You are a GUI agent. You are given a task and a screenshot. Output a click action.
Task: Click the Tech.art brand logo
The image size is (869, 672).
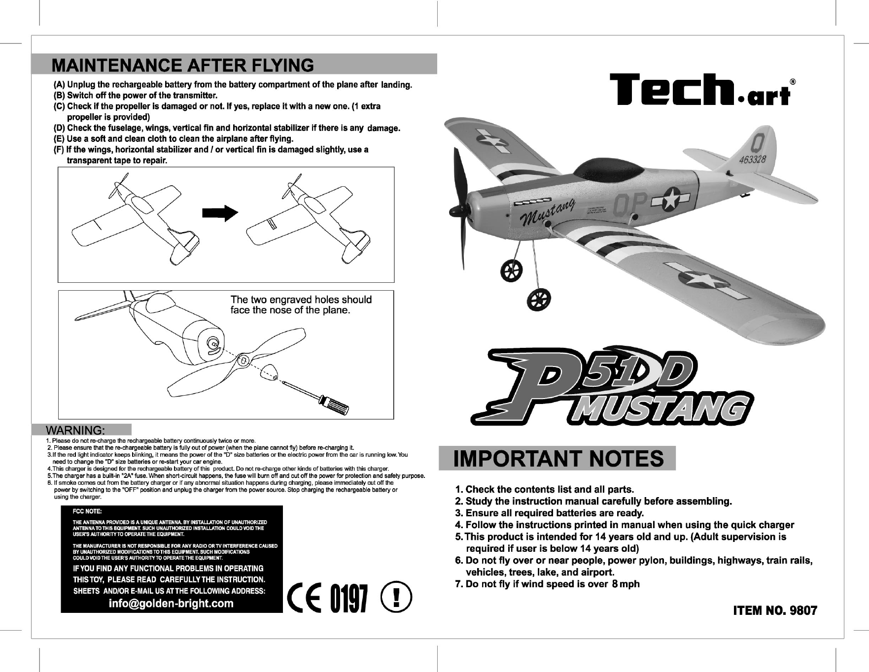700,90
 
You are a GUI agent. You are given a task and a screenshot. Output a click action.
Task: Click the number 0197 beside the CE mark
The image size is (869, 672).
349,598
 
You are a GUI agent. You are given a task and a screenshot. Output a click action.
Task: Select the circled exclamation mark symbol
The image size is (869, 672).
397,597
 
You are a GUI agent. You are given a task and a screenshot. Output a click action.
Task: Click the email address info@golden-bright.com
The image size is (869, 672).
171,604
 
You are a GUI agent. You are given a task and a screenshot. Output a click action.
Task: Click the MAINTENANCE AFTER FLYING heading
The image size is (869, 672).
183,65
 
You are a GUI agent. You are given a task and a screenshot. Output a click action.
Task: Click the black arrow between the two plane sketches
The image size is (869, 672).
220,212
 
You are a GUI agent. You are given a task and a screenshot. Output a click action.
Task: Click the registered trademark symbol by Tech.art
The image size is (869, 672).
792,81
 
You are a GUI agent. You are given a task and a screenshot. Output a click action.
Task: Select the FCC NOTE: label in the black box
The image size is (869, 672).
88,512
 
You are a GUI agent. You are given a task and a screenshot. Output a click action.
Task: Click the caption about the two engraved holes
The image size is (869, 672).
301,305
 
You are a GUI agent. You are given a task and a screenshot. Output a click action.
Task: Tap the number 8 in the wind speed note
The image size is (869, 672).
615,584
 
